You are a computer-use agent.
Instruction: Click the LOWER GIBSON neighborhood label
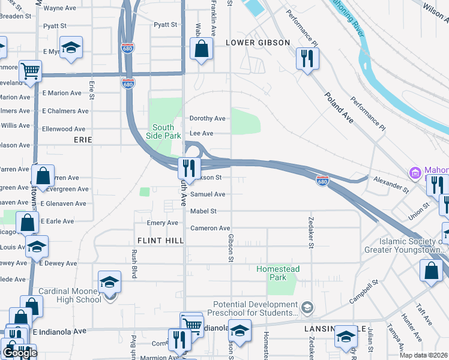pyautogui.click(x=258, y=43)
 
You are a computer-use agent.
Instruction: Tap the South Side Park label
pyautogui.click(x=163, y=131)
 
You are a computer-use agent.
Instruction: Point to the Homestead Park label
pyautogui.click(x=277, y=274)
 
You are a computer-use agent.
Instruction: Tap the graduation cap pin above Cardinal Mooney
pyautogui.click(x=109, y=281)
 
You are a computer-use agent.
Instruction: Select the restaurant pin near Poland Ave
pyautogui.click(x=307, y=59)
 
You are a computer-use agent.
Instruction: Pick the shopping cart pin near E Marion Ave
pyautogui.click(x=29, y=71)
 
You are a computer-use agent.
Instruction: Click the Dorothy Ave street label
pyautogui.click(x=207, y=119)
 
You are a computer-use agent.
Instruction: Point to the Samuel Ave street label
pyautogui.click(x=208, y=194)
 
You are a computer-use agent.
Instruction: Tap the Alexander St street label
pyautogui.click(x=390, y=184)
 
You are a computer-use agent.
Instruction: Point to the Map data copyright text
pyautogui.click(x=424, y=355)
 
